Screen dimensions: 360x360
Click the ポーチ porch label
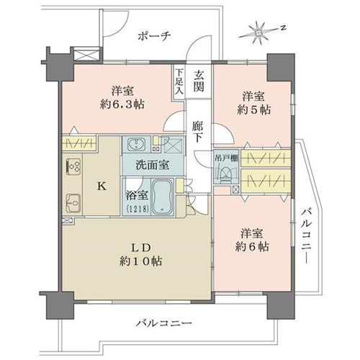point(154,36)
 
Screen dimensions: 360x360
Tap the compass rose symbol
point(258,32)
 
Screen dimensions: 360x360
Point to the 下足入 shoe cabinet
point(179,82)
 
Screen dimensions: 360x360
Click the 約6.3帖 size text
point(122,104)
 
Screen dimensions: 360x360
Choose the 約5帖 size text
point(253,110)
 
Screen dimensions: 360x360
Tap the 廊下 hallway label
point(198,132)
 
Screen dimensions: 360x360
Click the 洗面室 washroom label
point(152,165)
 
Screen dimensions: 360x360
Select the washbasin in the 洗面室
point(137,144)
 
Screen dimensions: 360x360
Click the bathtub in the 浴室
point(163,197)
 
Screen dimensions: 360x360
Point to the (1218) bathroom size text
point(135,209)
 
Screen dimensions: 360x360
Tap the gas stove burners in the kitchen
point(73,166)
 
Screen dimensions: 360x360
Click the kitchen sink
point(73,203)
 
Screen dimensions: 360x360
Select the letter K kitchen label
point(102,186)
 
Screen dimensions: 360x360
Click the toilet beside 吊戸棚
point(225,174)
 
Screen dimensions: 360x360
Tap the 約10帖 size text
point(140,261)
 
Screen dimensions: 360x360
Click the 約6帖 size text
point(252,247)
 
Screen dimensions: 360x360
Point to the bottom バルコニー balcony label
point(164,323)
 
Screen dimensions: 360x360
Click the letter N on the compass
point(284,28)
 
